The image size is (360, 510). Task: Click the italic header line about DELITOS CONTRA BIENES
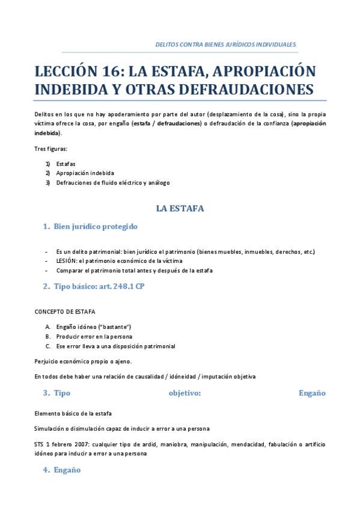point(225,45)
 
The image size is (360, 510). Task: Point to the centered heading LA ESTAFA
point(180,208)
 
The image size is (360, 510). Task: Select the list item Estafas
point(66,164)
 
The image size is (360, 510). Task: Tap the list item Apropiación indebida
point(85,173)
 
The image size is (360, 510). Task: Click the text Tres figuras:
point(51,149)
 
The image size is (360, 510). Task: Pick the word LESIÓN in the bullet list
point(67,261)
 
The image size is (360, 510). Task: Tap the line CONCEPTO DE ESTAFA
point(65,312)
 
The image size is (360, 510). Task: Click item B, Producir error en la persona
point(94,336)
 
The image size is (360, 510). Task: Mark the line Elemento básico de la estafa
point(73,414)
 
